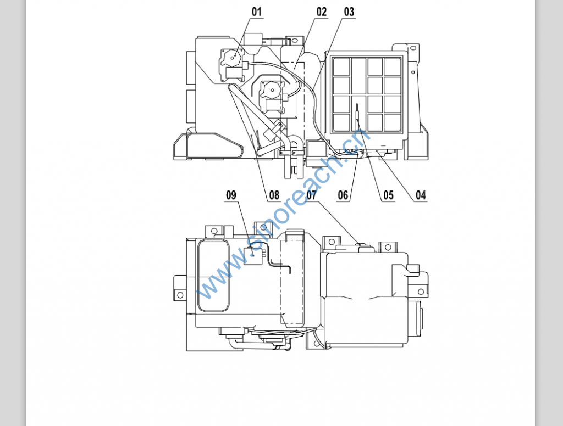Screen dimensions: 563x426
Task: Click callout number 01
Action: click(257, 12)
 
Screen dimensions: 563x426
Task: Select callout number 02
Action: click(322, 12)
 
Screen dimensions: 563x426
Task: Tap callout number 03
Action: click(349, 12)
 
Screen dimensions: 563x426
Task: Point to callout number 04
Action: click(421, 195)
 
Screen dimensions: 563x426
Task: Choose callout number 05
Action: click(389, 195)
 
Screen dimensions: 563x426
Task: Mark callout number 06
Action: click(343, 195)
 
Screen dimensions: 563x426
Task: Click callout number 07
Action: click(312, 195)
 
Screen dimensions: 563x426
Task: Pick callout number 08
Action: click(274, 195)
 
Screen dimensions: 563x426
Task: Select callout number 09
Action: click(231, 195)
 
